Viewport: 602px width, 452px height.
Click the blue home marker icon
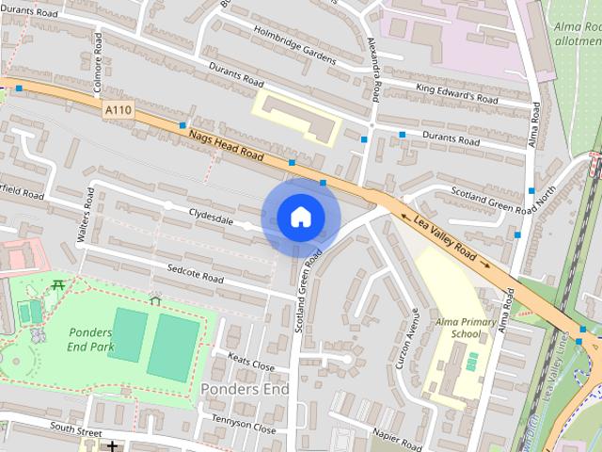click(x=300, y=218)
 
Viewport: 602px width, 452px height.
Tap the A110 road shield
click(x=119, y=110)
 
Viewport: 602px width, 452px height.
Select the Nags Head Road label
click(x=225, y=145)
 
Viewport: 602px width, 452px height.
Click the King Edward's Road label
click(x=456, y=92)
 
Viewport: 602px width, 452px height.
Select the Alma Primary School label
click(x=459, y=328)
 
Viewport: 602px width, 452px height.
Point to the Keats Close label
click(x=251, y=361)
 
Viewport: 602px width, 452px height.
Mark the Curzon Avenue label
click(x=406, y=337)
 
